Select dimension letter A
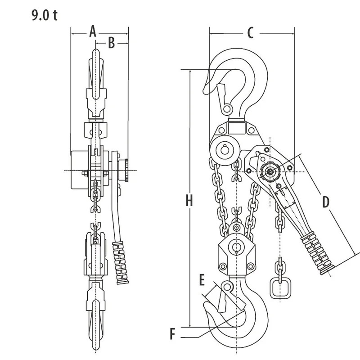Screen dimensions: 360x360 tap(92, 31)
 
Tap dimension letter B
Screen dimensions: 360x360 tap(111, 43)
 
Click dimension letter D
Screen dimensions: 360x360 tap(325, 202)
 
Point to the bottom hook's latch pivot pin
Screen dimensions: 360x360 tap(229, 287)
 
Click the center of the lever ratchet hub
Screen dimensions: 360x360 tap(270, 171)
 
